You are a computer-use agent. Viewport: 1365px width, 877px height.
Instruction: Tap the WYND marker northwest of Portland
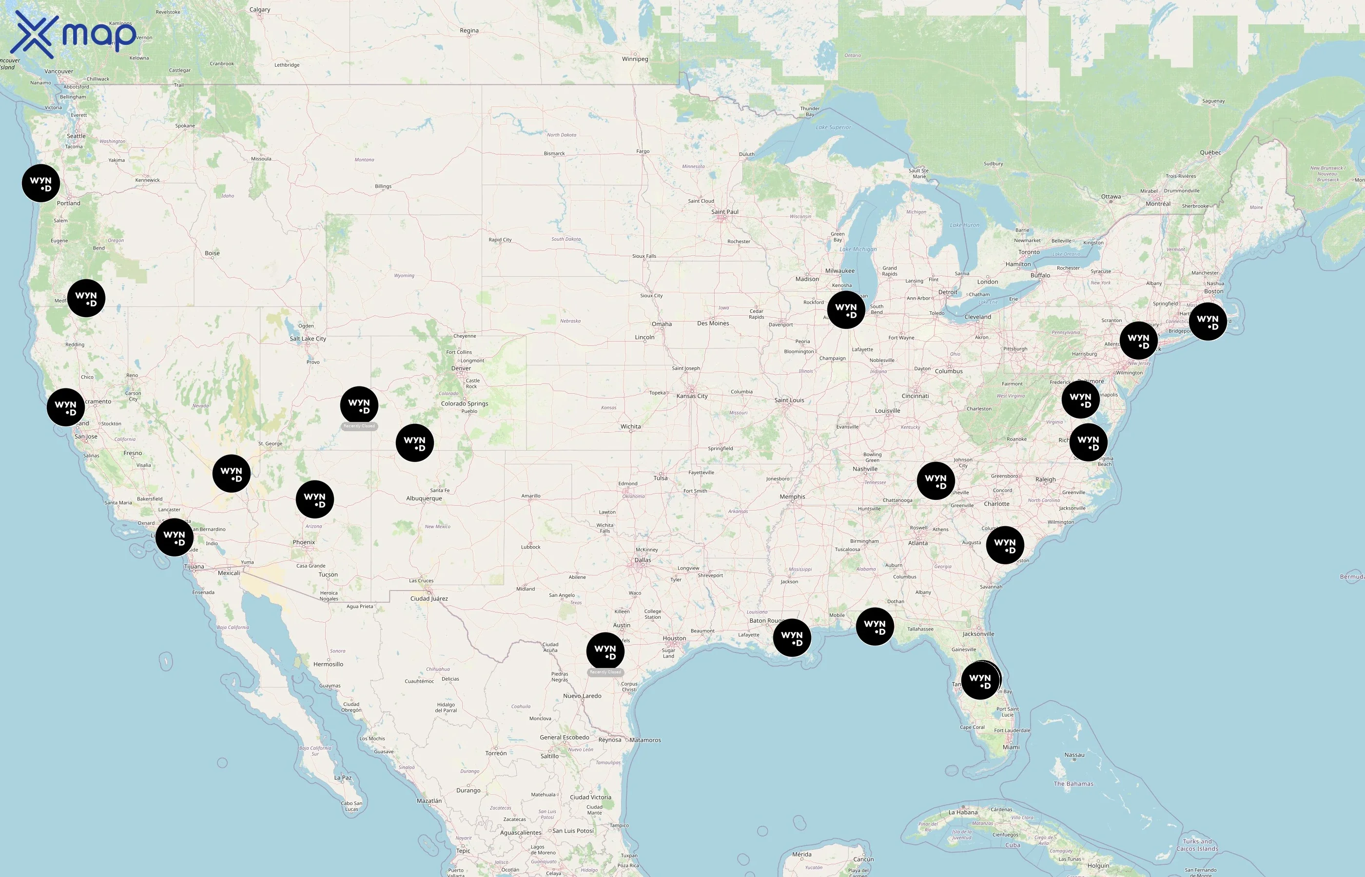point(41,183)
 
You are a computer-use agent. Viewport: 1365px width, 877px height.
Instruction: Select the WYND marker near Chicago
point(846,310)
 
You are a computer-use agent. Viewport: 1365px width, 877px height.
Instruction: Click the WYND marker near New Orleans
point(792,638)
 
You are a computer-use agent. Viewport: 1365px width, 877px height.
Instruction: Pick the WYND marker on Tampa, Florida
point(980,681)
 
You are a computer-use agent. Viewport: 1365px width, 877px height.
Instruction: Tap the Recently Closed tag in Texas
point(605,672)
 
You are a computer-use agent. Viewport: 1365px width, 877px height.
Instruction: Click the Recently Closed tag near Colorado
point(359,426)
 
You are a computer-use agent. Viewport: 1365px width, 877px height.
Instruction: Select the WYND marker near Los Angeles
point(175,537)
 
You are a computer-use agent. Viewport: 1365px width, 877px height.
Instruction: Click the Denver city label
point(461,368)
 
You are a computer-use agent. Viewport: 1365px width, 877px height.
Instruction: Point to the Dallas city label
point(643,560)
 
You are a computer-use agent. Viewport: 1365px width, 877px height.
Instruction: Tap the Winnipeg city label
point(635,58)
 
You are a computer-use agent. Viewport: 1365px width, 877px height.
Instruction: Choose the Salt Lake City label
point(308,339)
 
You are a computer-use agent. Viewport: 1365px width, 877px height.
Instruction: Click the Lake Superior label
point(833,128)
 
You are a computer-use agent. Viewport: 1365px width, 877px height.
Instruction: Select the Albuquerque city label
point(424,498)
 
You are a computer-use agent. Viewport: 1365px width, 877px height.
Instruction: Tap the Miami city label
point(1011,747)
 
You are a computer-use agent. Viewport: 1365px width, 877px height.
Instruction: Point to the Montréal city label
point(1158,204)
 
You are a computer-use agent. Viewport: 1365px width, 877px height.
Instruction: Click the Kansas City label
point(692,396)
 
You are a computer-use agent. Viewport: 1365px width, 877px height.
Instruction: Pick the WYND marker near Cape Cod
point(1208,322)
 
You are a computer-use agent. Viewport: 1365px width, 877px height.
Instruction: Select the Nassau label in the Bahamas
point(1074,755)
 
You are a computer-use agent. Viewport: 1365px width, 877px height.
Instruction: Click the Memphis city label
point(792,496)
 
